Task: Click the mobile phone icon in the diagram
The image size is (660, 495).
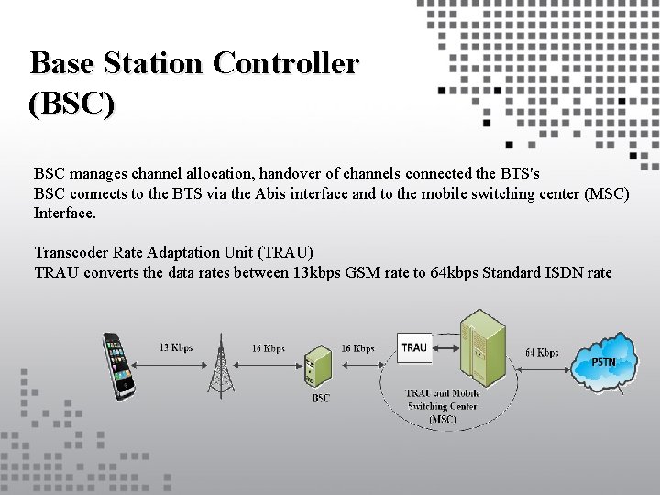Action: coord(118,364)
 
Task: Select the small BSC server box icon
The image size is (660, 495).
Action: coord(318,368)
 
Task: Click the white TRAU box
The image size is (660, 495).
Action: coord(414,346)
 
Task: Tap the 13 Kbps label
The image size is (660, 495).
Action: coord(175,347)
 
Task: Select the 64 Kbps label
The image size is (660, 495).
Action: coord(542,353)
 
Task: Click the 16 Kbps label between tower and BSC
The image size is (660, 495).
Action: coord(269,348)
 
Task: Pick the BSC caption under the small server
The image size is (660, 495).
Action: coord(321,398)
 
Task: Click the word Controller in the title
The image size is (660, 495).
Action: coord(285,63)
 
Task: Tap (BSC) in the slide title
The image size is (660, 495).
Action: coord(72,104)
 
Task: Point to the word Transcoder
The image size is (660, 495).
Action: coord(72,252)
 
